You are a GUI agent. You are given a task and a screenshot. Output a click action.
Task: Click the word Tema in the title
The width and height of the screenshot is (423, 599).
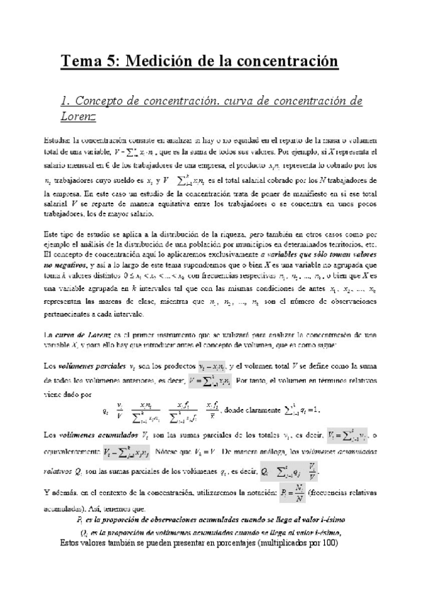79,62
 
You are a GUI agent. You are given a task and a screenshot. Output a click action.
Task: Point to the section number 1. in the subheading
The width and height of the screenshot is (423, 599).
67,100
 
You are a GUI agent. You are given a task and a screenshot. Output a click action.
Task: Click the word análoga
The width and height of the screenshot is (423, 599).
263,449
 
